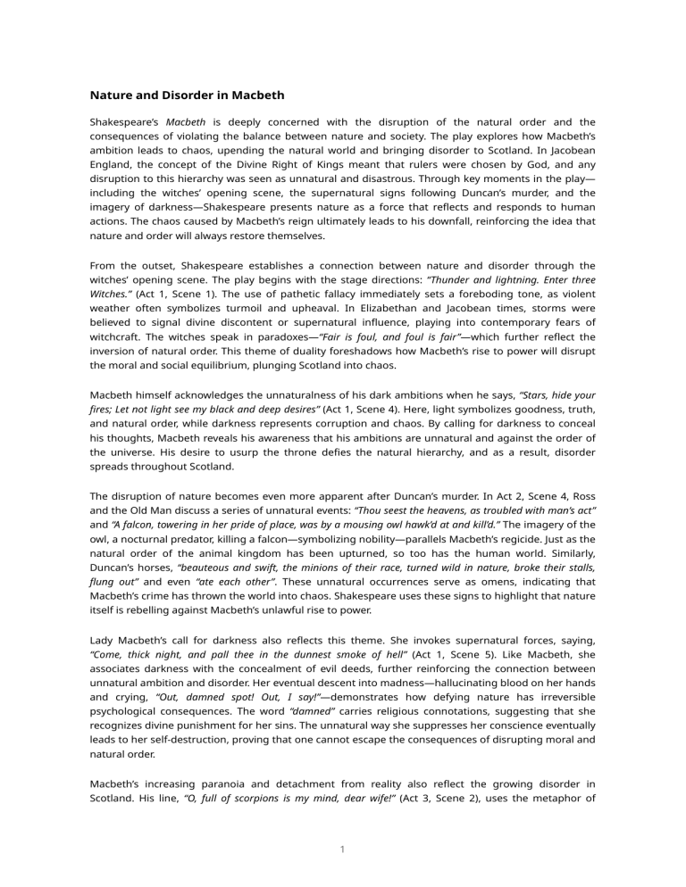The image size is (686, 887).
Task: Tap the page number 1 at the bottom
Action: pos(343,850)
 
